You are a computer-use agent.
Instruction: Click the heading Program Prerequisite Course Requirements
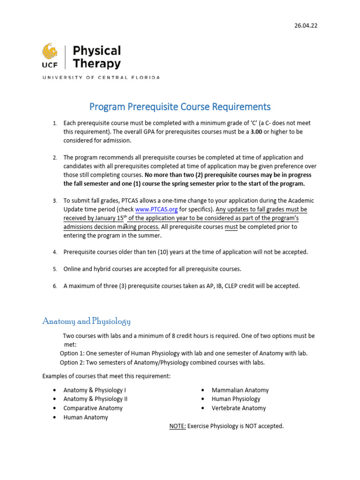(180, 106)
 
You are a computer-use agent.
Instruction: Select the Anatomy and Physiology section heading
(86, 321)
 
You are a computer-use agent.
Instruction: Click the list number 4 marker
(54, 252)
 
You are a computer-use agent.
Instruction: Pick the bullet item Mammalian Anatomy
(240, 390)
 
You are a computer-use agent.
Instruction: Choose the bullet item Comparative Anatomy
(93, 408)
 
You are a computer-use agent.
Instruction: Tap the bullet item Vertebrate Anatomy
(239, 408)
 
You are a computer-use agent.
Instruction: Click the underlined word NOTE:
(178, 426)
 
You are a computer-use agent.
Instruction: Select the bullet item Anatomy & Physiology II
(95, 399)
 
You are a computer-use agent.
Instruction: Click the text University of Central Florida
(101, 77)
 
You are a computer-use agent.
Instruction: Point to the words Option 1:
(73, 353)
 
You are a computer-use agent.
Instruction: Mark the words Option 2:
(73, 362)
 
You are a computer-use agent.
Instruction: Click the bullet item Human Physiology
(236, 399)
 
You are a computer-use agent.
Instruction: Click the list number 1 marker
(54, 123)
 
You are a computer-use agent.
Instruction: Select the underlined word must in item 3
(231, 226)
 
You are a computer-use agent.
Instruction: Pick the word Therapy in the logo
(97, 64)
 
